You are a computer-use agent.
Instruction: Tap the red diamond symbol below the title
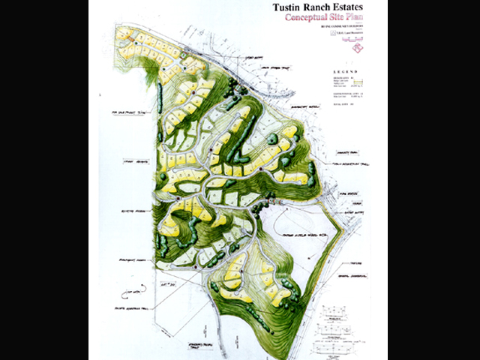pos(360,49)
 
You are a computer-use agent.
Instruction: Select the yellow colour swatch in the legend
pos(358,83)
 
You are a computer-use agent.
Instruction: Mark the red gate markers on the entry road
pos(263,203)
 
